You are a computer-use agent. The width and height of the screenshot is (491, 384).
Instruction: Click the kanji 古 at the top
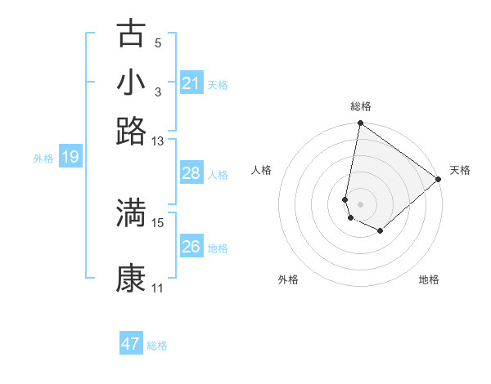click(x=131, y=33)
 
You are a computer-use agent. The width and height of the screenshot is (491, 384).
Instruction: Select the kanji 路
click(x=131, y=131)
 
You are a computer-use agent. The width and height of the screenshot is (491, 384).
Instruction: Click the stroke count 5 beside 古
click(x=158, y=43)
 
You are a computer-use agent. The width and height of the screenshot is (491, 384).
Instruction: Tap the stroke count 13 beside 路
click(x=158, y=141)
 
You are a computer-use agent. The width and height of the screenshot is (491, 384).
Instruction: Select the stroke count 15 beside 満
click(x=158, y=222)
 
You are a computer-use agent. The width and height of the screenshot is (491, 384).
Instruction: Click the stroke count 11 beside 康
click(x=158, y=288)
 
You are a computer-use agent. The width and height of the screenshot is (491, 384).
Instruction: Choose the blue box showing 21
click(x=191, y=83)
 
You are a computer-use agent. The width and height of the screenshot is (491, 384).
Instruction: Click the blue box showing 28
click(x=191, y=173)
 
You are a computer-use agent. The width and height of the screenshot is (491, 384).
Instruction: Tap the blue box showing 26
click(x=191, y=247)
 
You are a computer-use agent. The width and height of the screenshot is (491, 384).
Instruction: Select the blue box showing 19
click(x=70, y=157)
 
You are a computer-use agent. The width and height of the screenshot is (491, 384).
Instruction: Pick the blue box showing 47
click(x=131, y=344)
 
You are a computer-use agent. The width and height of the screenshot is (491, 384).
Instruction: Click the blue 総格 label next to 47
click(x=158, y=346)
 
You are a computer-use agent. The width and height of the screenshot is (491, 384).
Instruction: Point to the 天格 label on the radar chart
click(x=460, y=170)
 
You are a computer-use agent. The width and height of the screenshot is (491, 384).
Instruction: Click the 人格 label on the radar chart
click(x=262, y=170)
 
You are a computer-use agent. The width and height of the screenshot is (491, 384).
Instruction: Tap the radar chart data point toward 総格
click(x=360, y=124)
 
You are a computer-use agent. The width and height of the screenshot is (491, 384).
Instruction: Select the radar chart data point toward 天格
click(x=439, y=180)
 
